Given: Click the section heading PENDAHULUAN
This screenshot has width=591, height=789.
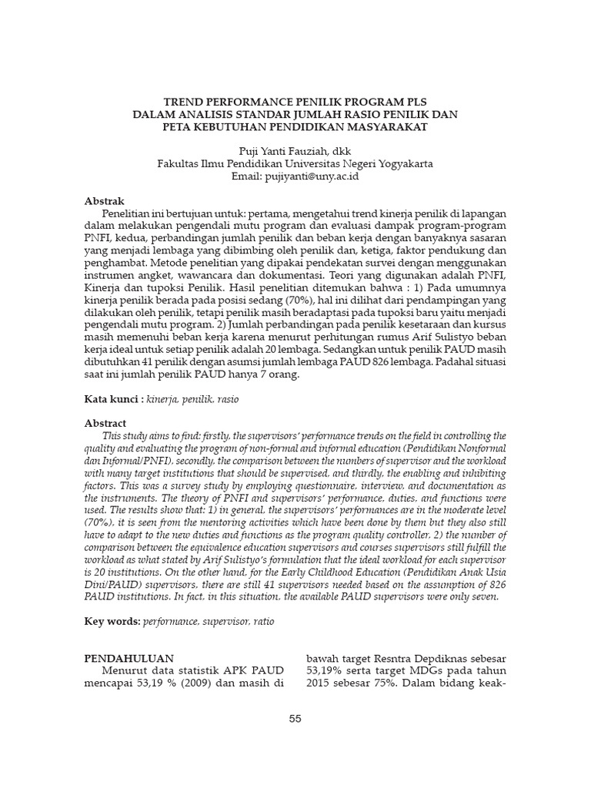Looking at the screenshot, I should (129, 658).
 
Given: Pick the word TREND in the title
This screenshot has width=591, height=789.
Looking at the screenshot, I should (187, 102).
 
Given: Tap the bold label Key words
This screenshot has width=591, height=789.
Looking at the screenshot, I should (112, 620).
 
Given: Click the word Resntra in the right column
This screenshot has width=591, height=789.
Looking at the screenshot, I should (400, 658).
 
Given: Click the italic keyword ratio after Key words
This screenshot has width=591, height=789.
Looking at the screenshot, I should (262, 621).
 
